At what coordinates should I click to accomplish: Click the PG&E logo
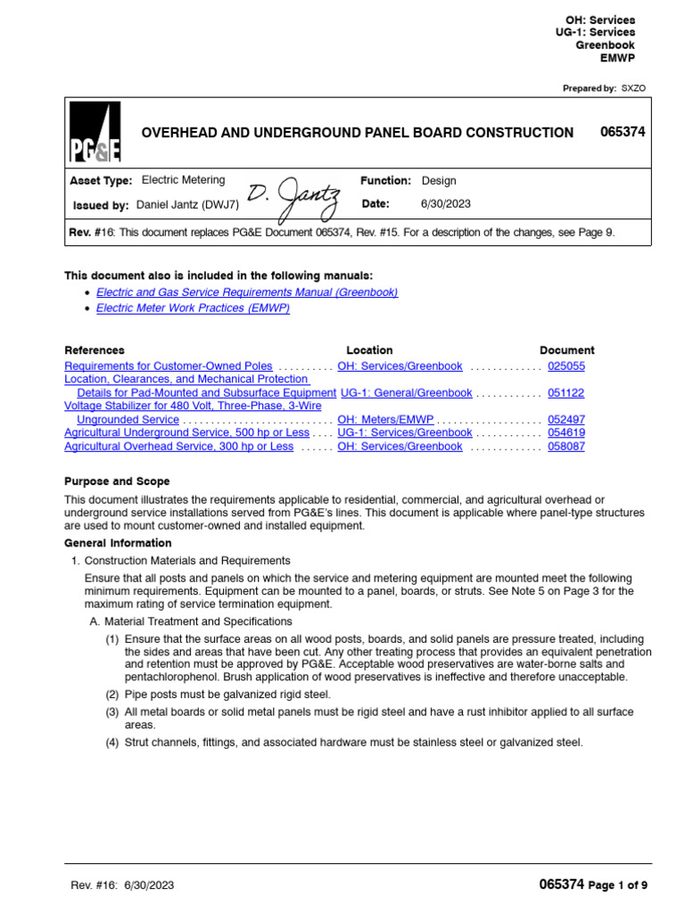95,133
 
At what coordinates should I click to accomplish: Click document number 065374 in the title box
623,132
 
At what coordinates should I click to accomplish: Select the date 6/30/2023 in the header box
446,204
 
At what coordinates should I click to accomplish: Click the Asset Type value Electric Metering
184,180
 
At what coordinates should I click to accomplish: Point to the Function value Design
439,180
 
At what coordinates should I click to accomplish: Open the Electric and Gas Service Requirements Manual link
247,292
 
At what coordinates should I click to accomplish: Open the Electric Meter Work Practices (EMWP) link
193,308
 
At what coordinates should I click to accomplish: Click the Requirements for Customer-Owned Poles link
169,366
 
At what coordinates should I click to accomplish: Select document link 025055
566,366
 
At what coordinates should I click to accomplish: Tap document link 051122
566,393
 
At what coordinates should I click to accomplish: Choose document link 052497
566,420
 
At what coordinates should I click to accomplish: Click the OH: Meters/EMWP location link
385,420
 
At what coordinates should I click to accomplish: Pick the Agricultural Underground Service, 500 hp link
187,433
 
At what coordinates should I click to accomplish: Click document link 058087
566,447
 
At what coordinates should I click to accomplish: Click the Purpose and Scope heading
117,481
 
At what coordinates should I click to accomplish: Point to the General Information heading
119,543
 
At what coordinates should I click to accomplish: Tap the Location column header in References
369,350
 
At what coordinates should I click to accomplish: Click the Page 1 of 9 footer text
618,885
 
